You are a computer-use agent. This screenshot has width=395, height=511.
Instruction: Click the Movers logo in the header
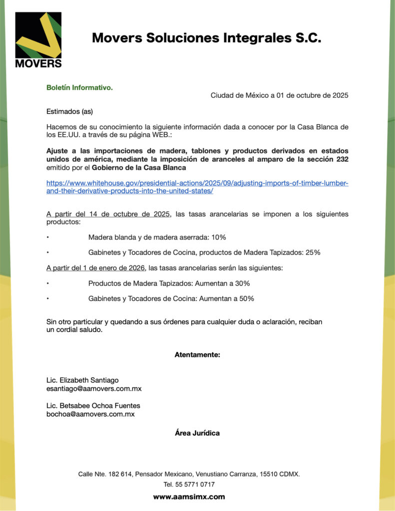click(38, 40)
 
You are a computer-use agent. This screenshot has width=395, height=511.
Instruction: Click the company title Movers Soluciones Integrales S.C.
click(206, 38)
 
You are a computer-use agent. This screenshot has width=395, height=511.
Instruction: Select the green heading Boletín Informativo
click(79, 88)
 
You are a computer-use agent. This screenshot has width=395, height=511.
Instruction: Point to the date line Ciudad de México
click(279, 95)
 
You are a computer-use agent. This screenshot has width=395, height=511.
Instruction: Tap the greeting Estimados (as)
click(69, 111)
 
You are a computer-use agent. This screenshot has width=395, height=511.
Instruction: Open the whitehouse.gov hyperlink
click(197, 187)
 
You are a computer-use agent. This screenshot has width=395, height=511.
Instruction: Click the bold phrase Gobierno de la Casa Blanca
click(132, 167)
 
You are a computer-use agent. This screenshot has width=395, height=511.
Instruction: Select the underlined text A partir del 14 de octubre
click(108, 214)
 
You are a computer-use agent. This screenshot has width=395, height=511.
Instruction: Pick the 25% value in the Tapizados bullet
click(313, 253)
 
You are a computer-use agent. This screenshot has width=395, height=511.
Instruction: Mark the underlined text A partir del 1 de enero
click(95, 268)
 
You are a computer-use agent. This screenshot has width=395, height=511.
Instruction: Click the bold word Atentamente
click(197, 355)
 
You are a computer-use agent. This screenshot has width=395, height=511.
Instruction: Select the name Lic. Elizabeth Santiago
click(82, 380)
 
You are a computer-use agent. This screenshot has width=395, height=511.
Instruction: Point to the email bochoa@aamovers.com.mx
click(90, 414)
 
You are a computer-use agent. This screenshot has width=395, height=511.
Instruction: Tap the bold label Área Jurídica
click(197, 433)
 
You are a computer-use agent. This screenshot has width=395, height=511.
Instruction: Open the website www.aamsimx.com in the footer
click(189, 497)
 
